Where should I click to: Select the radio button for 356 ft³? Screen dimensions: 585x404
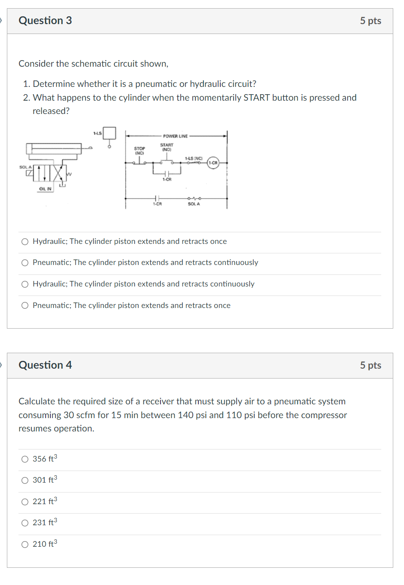[x=25, y=459]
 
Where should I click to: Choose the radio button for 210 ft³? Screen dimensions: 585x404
[x=25, y=544]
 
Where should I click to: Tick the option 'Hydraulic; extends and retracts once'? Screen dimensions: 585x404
[x=25, y=242]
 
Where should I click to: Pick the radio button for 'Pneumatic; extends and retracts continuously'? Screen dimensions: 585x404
[x=25, y=263]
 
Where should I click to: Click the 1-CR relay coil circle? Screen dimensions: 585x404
[x=213, y=163]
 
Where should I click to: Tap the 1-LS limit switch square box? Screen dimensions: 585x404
[x=109, y=133]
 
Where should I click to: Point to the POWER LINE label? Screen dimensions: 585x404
[x=175, y=136]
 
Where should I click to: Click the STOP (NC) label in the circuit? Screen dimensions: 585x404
[x=139, y=151]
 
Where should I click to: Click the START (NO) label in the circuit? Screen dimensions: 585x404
[x=167, y=147]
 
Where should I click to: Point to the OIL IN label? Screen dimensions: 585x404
[x=45, y=189]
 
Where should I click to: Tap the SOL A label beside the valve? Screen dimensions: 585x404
[x=25, y=167]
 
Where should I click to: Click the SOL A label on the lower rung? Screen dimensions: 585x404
[x=194, y=204]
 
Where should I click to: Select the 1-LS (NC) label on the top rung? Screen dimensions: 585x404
[x=194, y=158]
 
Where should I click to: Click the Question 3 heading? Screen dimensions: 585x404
[x=45, y=21]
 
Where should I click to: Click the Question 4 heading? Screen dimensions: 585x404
[x=45, y=365]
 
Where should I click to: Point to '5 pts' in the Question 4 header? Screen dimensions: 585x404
[x=370, y=365]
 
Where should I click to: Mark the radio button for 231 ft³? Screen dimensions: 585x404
[x=25, y=523]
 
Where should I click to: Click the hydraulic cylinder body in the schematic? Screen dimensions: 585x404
[x=54, y=148]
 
